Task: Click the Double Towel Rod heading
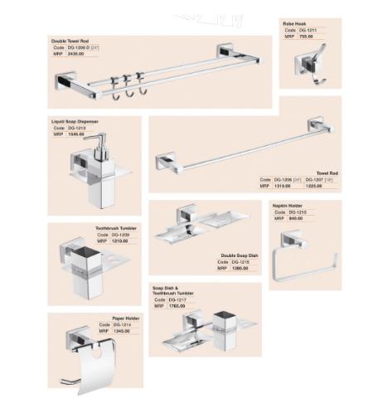point(70,39)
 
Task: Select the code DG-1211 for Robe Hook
point(307,30)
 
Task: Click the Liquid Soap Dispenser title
point(75,121)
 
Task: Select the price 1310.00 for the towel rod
point(283,186)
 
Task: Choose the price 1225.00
point(315,186)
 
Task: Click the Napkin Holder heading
point(288,205)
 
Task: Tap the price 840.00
point(297,218)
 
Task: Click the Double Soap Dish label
point(239,255)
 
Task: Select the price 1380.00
point(239,269)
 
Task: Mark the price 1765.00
point(177,306)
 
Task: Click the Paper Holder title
point(126,318)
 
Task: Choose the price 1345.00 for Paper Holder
point(121,331)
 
